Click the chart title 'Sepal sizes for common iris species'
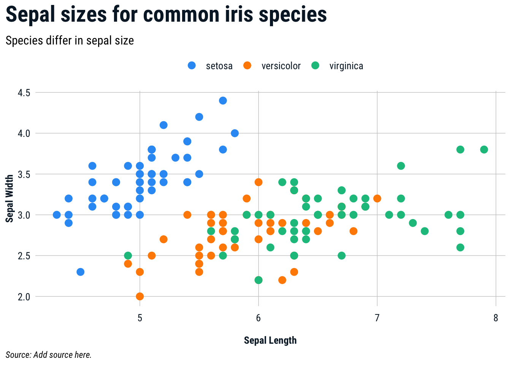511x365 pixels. click(166, 15)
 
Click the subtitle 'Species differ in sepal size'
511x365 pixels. click(70, 41)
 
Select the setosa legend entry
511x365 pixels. click(210, 66)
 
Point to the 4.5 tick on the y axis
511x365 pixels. click(24, 93)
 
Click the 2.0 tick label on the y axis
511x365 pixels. click(24, 297)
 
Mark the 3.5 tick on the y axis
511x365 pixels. click(24, 174)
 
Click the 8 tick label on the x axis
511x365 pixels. click(496, 318)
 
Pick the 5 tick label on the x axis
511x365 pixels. click(140, 318)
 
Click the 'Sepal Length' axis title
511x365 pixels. click(270, 340)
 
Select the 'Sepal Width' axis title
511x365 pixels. click(10, 198)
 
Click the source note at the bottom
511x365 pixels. click(49, 355)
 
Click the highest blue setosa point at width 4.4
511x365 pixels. click(223, 101)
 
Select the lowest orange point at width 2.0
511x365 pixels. click(140, 296)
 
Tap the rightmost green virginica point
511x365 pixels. click(484, 149)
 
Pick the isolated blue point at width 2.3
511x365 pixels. click(80, 272)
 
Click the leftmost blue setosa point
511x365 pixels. click(57, 215)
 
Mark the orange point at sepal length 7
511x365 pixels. click(377, 198)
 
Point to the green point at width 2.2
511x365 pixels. click(259, 280)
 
